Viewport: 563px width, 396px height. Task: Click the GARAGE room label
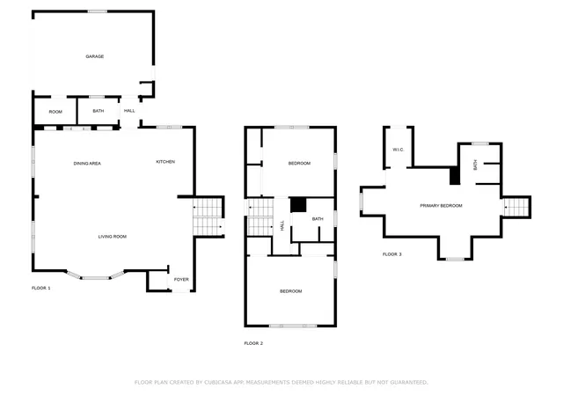95,56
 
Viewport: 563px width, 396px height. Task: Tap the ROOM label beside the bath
55,112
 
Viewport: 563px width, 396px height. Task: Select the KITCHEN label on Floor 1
165,162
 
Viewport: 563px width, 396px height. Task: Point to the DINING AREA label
87,164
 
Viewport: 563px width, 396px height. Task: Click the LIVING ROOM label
113,237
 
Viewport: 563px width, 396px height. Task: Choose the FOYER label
181,280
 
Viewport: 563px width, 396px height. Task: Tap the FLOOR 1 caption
41,288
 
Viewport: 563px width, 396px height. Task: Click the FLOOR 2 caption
253,343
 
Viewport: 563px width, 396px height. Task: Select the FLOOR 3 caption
392,254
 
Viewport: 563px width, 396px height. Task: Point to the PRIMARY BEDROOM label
441,206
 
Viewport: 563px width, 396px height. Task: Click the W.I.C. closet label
398,150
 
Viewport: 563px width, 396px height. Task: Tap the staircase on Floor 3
516,208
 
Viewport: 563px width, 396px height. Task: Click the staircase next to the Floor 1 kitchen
208,216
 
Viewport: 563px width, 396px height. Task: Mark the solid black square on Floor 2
298,205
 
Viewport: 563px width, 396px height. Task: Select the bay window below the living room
96,275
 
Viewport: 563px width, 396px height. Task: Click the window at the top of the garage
98,11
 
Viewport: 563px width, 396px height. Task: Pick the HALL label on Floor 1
129,111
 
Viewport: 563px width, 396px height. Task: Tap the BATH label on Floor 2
318,219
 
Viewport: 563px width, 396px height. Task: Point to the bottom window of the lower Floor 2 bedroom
293,326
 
